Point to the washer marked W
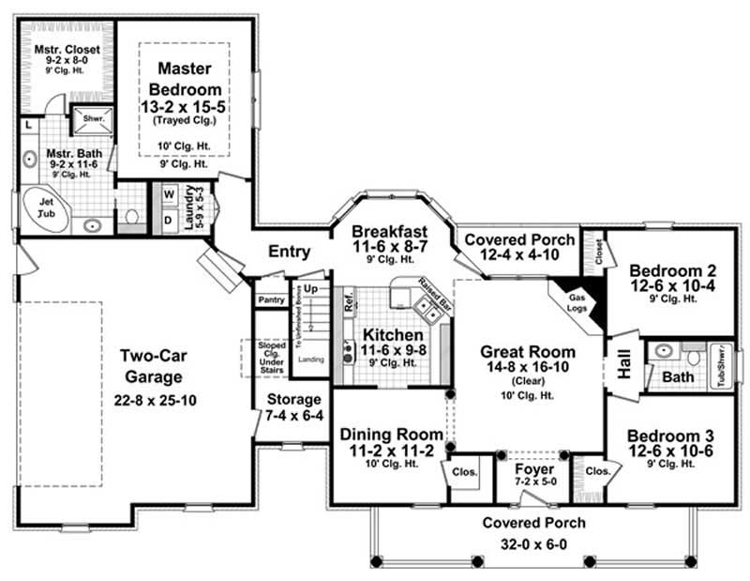(x=170, y=195)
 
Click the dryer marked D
(x=170, y=219)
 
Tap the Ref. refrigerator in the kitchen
(x=349, y=307)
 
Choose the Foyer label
(x=535, y=468)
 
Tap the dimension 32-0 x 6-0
(x=533, y=543)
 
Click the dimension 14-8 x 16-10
(x=528, y=368)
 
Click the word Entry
(x=289, y=252)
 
